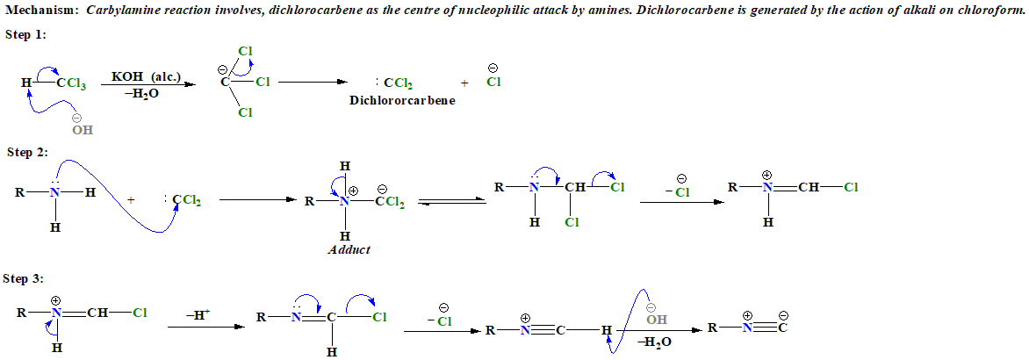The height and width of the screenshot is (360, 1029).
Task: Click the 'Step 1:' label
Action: [26, 34]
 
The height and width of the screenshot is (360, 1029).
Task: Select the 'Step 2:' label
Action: [26, 152]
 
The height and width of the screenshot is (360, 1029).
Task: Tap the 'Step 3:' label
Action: [23, 278]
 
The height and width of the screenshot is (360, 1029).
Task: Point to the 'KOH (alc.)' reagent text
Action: [146, 77]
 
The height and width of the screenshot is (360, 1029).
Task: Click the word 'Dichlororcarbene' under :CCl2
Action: [402, 100]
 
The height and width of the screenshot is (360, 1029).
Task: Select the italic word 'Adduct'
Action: [349, 249]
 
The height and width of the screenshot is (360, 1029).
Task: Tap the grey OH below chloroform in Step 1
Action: [82, 129]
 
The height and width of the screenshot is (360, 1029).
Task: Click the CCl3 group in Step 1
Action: [71, 84]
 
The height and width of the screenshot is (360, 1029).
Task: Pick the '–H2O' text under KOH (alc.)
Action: [142, 93]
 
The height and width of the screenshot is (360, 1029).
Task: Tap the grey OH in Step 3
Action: [656, 318]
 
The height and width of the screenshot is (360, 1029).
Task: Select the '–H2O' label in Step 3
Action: [656, 342]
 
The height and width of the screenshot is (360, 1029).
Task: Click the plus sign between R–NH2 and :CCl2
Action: [132, 200]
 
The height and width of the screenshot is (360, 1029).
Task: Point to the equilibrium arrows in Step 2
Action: [450, 203]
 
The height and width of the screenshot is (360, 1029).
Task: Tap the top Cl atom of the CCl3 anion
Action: [245, 51]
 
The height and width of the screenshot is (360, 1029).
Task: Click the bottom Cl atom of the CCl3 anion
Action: [245, 112]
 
